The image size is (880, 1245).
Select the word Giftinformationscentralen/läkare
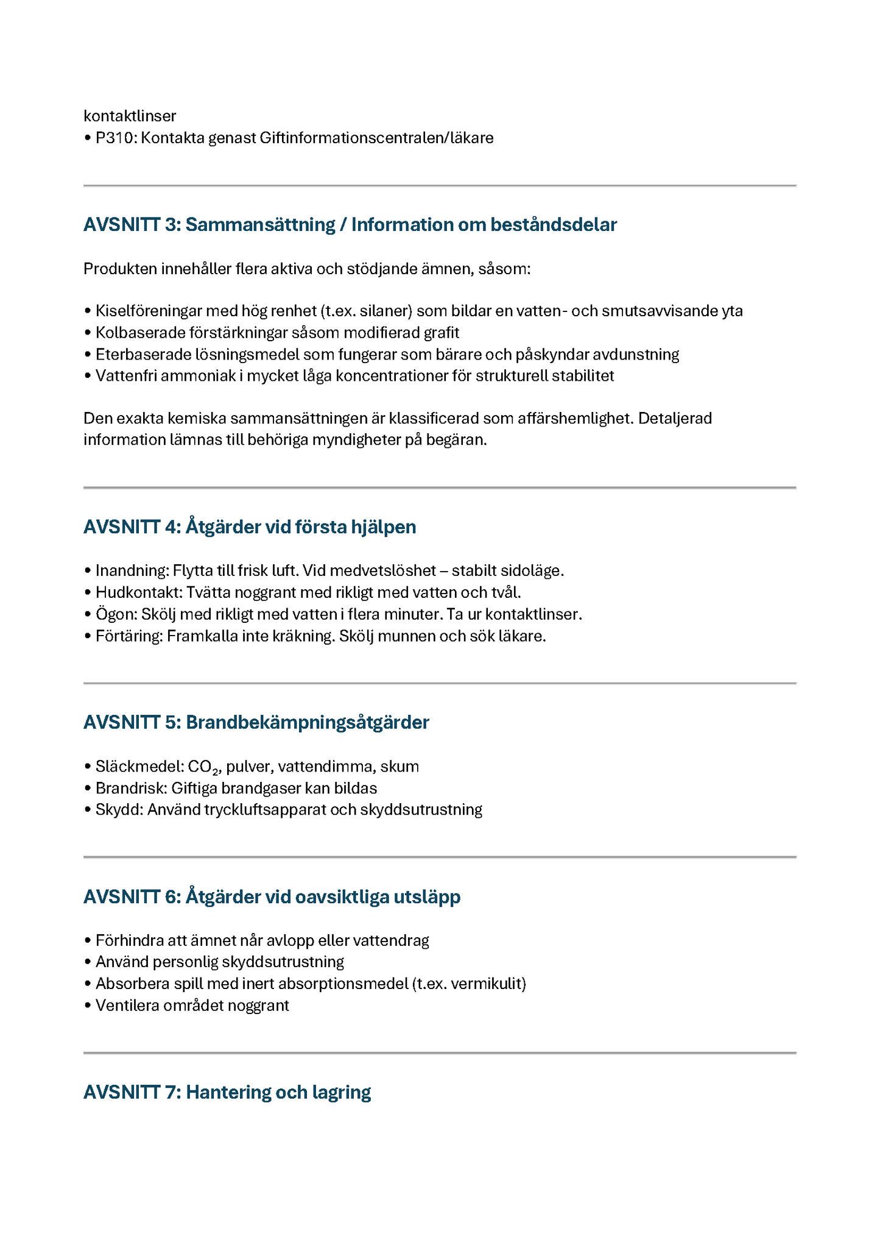coord(376,138)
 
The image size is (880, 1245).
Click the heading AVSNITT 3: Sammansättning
coord(350,225)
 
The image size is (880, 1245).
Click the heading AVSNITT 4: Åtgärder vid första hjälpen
coord(250,527)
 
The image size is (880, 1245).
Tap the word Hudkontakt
coord(138,592)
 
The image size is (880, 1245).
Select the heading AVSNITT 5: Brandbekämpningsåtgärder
coord(256,723)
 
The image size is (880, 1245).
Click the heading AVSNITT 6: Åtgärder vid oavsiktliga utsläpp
coord(272,897)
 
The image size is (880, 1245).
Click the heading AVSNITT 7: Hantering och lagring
coord(227,1093)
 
